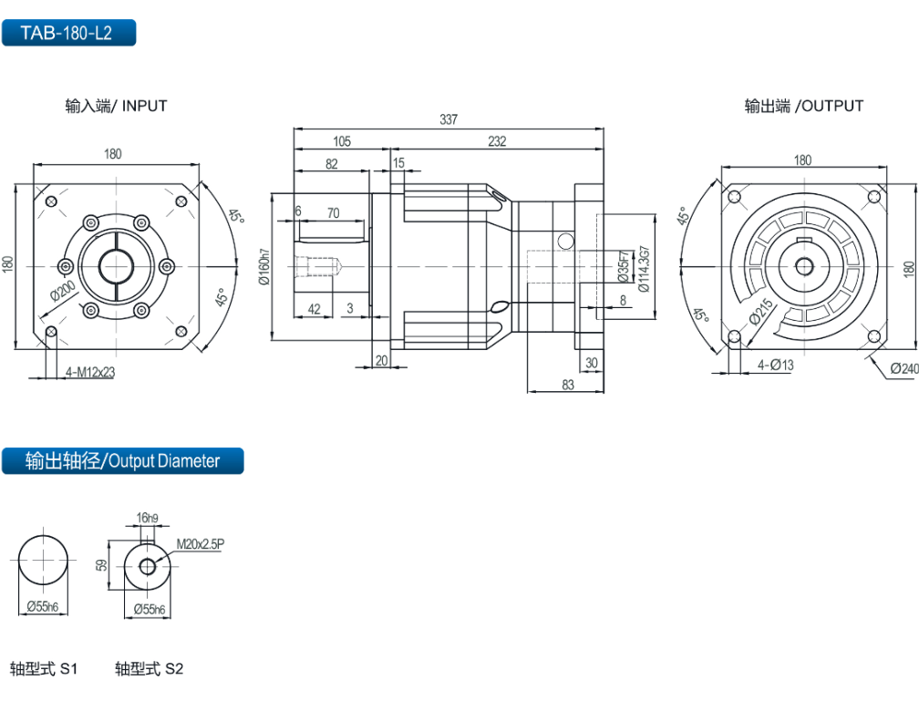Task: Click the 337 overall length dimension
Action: (449, 119)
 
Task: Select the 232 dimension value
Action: (497, 141)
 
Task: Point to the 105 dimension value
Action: (341, 141)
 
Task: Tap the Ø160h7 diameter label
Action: (264, 267)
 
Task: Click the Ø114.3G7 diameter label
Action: (645, 268)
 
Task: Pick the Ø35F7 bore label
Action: (624, 265)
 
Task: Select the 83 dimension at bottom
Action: (567, 386)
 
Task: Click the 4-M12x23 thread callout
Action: (90, 372)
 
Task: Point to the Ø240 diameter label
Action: (904, 368)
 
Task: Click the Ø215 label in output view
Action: (761, 312)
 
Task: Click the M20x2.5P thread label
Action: (201, 544)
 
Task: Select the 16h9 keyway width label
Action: (148, 519)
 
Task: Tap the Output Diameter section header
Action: (122, 460)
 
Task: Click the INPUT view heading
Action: (116, 106)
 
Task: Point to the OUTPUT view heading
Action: (803, 106)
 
